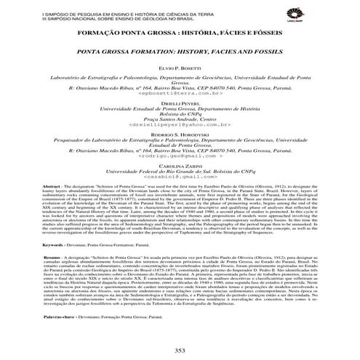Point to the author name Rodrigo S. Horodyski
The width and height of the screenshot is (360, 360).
pyautogui.click(x=180, y=135)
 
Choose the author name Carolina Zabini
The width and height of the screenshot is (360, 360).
pyautogui.click(x=180, y=167)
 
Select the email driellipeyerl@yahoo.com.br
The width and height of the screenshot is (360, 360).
pyautogui.click(x=180, y=126)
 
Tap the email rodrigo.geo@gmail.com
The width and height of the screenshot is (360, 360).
pyautogui.click(x=180, y=157)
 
